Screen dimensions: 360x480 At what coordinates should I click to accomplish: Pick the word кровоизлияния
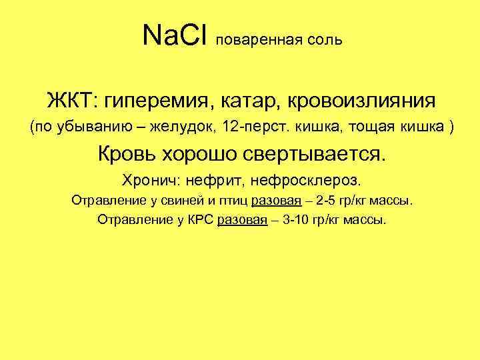(x=355, y=102)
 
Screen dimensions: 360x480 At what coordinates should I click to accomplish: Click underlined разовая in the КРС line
(x=241, y=219)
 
